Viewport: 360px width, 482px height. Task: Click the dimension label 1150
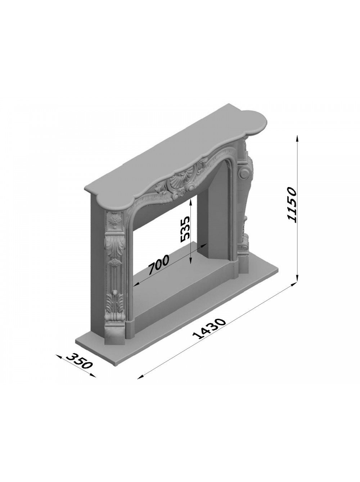point(292,205)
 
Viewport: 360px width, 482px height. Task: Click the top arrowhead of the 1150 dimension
point(297,138)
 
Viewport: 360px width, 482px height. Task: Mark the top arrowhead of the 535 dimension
point(190,198)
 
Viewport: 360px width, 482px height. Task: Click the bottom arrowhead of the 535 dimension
point(190,260)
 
